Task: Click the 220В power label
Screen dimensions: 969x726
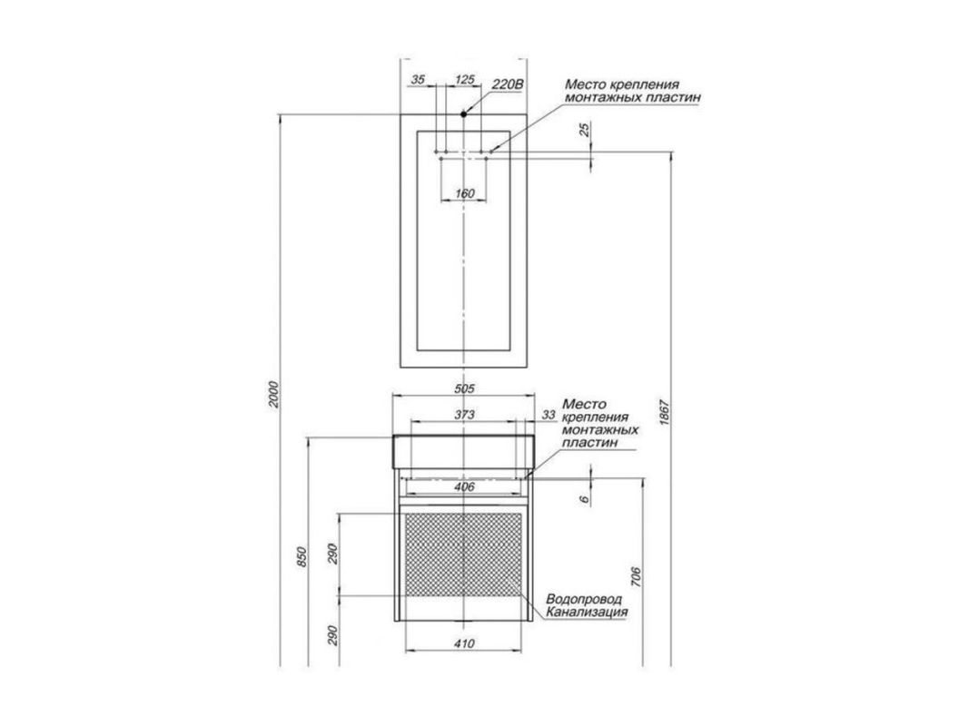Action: [x=508, y=84]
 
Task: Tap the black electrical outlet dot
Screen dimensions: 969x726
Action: [x=463, y=113]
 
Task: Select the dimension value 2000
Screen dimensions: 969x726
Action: [x=275, y=394]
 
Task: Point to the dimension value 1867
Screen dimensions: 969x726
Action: [x=665, y=412]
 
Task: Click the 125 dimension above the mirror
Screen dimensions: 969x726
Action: [x=465, y=79]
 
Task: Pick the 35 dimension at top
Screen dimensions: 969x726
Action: [x=419, y=79]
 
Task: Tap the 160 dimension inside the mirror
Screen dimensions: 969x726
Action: [x=464, y=193]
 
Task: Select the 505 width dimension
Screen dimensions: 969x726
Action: [x=464, y=388]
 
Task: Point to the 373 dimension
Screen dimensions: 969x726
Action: [x=464, y=414]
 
